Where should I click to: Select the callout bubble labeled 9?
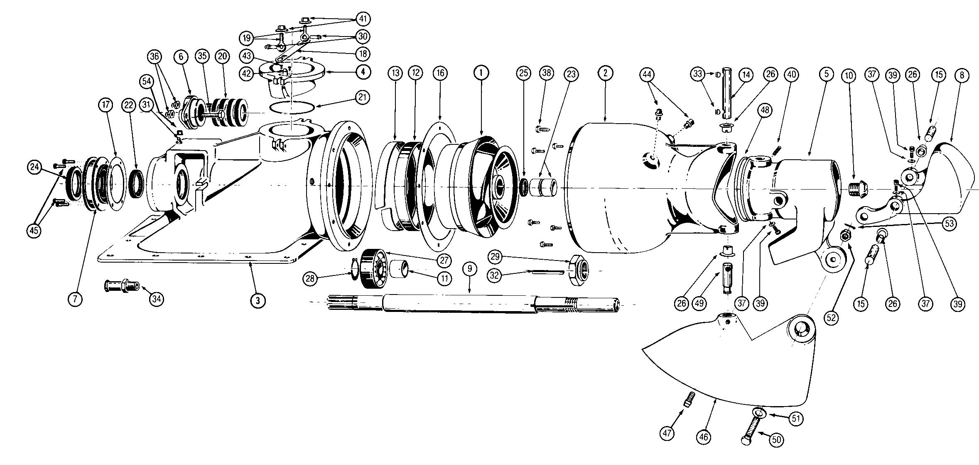[469, 269]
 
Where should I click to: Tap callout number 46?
[704, 436]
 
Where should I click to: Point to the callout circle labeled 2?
[605, 73]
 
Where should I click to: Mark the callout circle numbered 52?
[832, 318]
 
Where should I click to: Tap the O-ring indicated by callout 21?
[291, 108]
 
